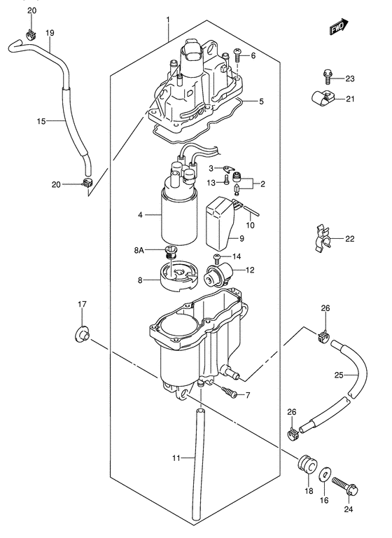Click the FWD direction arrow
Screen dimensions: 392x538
[x=339, y=27]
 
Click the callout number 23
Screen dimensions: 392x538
[x=350, y=78]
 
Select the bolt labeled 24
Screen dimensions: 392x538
[x=345, y=488]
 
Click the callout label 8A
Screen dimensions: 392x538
[x=139, y=251]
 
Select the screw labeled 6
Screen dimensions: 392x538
[x=238, y=55]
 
